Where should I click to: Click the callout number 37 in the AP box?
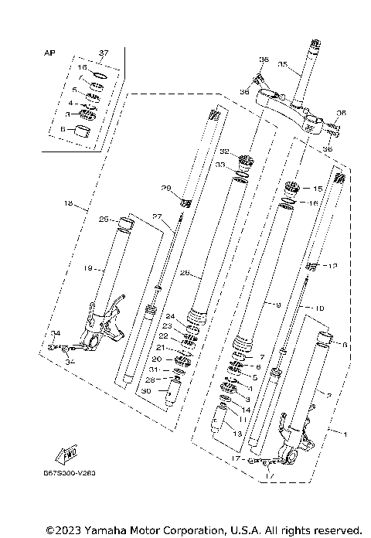click(104, 53)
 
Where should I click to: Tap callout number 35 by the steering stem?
click(283, 64)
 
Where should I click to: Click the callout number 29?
click(165, 188)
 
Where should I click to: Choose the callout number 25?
click(103, 220)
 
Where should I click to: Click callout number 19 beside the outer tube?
click(88, 268)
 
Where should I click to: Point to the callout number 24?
click(171, 316)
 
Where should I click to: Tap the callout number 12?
click(334, 267)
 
